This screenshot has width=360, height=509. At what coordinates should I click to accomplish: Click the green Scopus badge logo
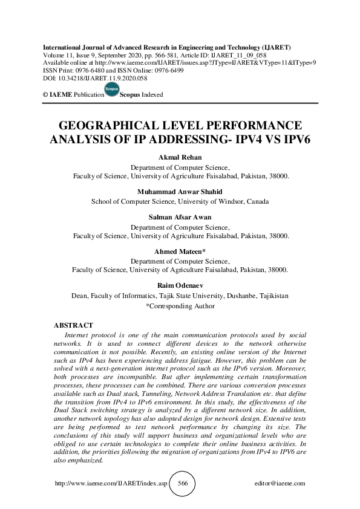[x=111, y=91]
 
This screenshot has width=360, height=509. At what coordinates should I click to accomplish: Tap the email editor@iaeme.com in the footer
[x=280, y=484]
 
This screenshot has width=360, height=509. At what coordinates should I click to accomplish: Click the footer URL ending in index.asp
[x=111, y=484]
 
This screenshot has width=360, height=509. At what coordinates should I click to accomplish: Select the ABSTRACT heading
[x=73, y=326]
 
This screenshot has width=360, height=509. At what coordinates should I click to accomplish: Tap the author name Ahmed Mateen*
[x=180, y=252]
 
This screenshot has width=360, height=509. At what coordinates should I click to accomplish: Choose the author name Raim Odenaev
[x=180, y=287]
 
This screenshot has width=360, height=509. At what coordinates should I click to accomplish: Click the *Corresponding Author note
[x=180, y=306]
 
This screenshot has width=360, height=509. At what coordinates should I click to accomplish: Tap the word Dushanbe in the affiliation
[x=226, y=296]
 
